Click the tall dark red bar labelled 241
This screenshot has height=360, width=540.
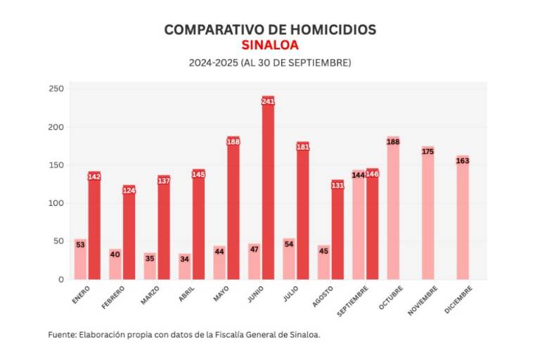tap(268, 190)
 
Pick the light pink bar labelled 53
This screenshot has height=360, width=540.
tap(80, 260)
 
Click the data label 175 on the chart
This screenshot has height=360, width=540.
tap(427, 151)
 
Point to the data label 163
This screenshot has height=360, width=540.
tap(462, 160)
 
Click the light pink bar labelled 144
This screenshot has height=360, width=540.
tap(359, 225)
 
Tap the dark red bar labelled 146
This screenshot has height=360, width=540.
tap(372, 225)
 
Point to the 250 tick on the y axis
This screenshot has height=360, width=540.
tap(56, 89)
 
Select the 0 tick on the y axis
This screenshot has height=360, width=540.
tap(60, 279)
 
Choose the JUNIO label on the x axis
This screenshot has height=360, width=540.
tap(256, 295)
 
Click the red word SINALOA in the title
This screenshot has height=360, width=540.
tap(269, 45)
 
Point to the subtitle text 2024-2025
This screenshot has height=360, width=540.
tap(212, 63)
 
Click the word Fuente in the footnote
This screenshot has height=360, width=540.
tap(62, 334)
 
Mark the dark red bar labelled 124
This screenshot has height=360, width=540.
tap(129, 233)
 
